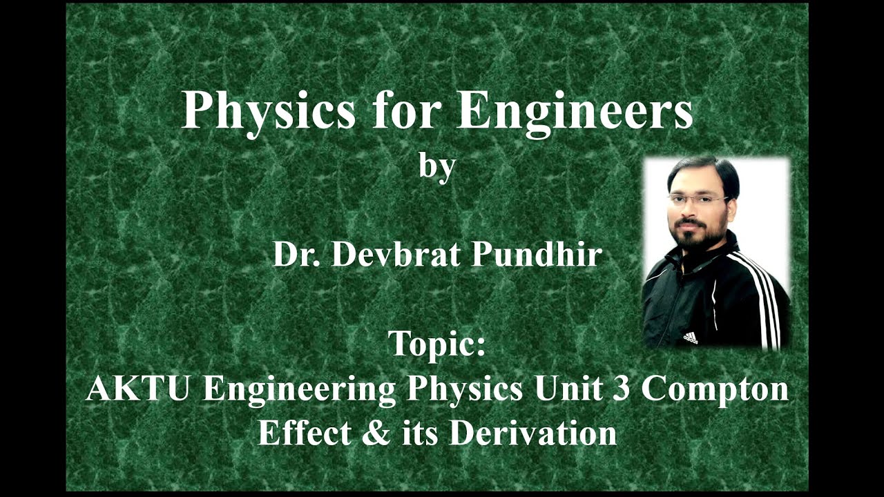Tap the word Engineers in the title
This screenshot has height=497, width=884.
(575, 110)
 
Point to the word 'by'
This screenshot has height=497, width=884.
(437, 167)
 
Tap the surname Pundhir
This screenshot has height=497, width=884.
(537, 254)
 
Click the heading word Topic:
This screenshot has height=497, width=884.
(436, 343)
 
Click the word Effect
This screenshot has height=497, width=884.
(305, 433)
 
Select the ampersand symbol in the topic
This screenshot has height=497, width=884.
(374, 433)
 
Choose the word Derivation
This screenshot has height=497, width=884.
(532, 433)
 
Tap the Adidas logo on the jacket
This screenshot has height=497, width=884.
(690, 337)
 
